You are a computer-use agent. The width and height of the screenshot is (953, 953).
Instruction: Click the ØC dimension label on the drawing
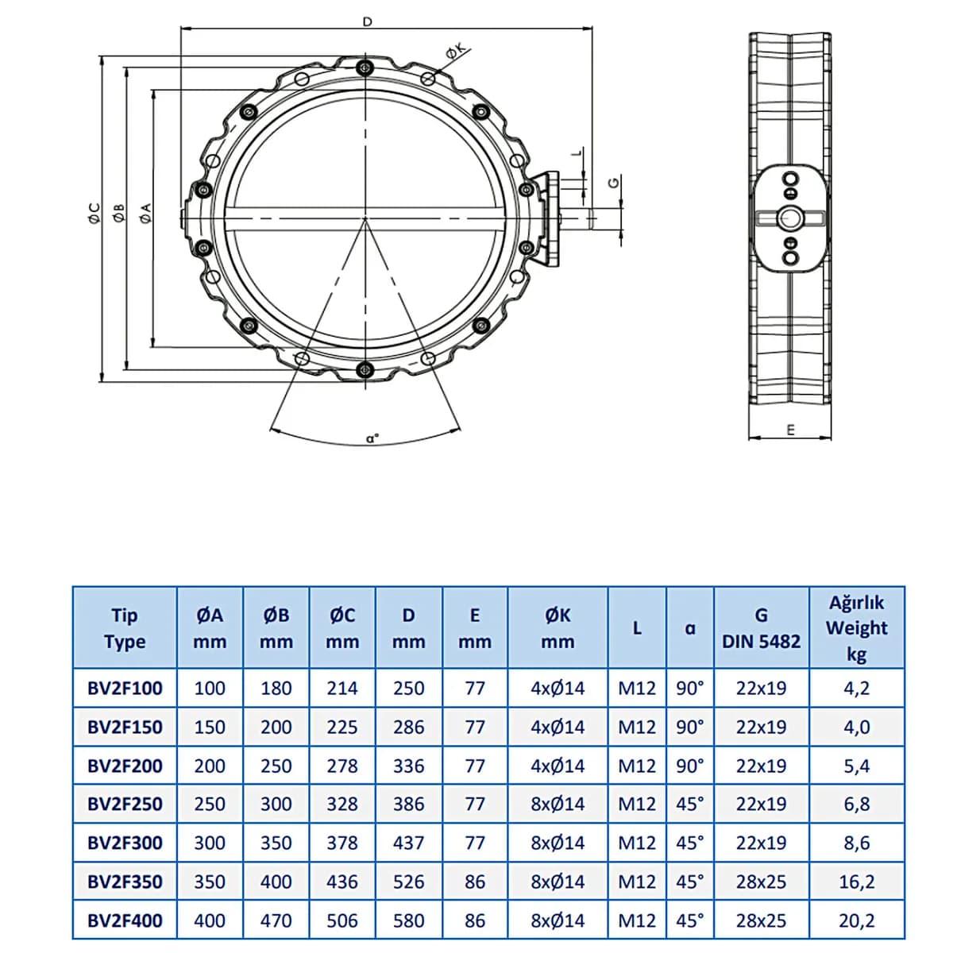94,213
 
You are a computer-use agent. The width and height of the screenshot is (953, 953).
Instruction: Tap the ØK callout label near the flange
456,50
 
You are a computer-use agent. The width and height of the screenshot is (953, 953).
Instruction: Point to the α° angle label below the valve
372,438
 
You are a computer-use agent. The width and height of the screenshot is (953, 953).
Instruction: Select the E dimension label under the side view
790,430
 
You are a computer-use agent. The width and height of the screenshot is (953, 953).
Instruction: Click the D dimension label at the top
367,21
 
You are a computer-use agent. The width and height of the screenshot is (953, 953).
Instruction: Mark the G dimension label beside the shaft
613,183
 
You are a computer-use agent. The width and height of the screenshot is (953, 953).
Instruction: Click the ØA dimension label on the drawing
145,213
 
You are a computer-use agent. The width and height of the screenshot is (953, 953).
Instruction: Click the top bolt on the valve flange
365,68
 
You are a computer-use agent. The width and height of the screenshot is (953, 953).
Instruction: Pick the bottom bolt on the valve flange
365,368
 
